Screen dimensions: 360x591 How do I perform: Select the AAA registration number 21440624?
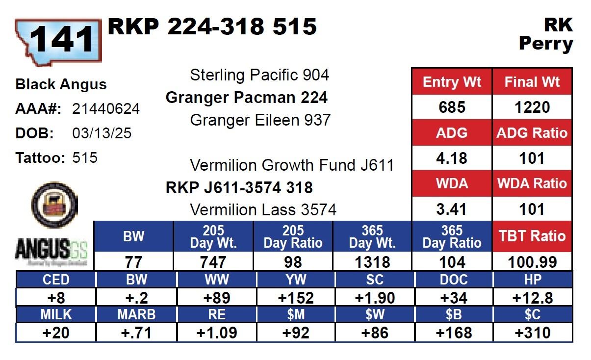(105, 108)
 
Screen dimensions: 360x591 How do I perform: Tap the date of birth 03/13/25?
(102, 133)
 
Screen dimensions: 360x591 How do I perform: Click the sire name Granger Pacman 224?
(247, 98)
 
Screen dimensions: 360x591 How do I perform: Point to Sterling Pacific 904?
(259, 75)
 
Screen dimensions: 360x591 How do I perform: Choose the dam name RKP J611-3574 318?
(239, 188)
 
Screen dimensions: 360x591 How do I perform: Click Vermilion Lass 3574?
(263, 210)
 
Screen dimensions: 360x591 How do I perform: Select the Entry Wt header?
(452, 82)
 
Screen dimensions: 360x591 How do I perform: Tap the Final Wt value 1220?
(532, 107)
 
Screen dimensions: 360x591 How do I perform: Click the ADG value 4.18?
(452, 158)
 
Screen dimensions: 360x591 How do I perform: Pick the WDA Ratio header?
(532, 183)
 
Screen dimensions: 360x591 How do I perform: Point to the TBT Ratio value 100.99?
(532, 262)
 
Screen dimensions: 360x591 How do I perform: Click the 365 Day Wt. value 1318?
(372, 262)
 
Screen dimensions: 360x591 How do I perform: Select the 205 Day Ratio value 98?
(293, 262)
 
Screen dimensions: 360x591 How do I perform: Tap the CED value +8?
(56, 298)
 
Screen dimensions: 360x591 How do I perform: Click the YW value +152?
(295, 298)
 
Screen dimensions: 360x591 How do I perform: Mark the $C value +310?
(533, 333)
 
